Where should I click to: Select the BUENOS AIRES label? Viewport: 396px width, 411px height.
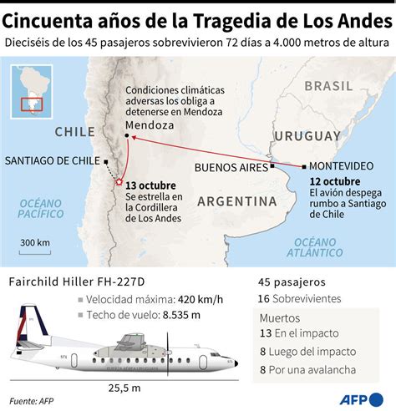[232, 167]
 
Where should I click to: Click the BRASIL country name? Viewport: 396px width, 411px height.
[328, 86]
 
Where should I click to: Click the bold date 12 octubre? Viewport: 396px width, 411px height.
[334, 181]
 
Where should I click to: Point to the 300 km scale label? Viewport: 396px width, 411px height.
[34, 243]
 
